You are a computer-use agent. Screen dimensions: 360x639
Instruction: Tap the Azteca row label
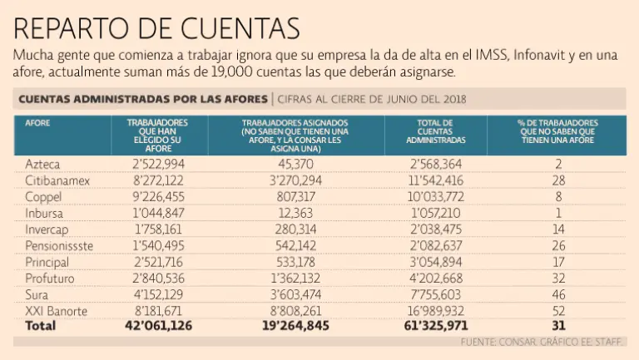coord(42,165)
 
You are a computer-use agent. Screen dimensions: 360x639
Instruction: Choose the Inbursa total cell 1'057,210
coord(435,214)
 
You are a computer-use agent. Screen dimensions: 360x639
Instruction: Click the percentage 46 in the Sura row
coord(558,294)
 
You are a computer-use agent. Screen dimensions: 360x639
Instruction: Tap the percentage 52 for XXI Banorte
coord(558,310)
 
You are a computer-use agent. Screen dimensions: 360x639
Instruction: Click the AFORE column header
coord(37,122)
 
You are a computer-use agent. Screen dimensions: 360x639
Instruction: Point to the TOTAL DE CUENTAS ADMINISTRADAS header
coord(435,131)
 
